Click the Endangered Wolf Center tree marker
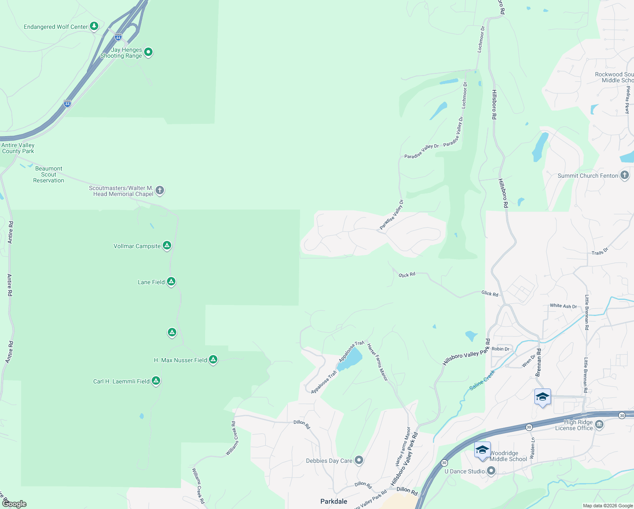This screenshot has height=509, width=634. click(x=94, y=26)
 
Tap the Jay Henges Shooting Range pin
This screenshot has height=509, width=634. click(x=148, y=52)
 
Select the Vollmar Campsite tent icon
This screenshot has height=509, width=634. click(x=167, y=246)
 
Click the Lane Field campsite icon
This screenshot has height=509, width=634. click(x=171, y=281)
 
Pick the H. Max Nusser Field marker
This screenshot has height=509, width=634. click(x=213, y=360)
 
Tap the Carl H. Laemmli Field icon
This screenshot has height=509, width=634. click(x=156, y=381)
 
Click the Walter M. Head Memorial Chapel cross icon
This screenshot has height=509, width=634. click(x=160, y=190)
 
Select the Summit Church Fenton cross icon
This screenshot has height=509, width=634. click(x=624, y=175)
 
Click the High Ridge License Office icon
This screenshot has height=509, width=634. click(x=599, y=424)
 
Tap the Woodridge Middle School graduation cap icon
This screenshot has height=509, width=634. click(x=482, y=450)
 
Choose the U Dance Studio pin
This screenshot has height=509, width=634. click(x=491, y=470)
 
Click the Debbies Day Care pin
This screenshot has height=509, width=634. click(x=359, y=460)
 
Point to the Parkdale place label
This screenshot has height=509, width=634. click(x=334, y=501)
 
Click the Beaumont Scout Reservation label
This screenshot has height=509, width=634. click(x=49, y=174)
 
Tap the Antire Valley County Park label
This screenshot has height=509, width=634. click(x=18, y=148)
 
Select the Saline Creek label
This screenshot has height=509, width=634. click(x=482, y=380)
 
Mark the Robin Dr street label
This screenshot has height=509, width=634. click(x=501, y=349)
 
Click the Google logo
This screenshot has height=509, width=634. click(x=14, y=503)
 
